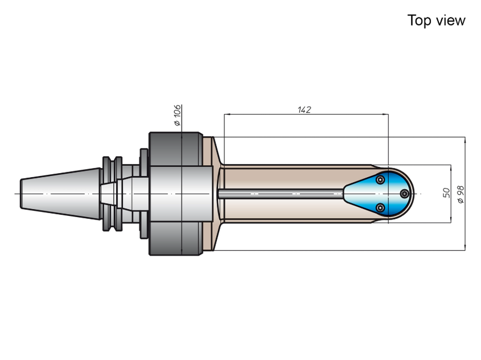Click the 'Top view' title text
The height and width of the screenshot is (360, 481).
(x=436, y=21)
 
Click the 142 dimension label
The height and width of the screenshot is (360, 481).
(x=304, y=109)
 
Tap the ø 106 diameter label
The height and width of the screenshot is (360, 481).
(x=177, y=115)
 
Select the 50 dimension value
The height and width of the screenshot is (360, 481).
(x=447, y=193)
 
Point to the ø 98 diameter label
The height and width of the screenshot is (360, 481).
(x=461, y=194)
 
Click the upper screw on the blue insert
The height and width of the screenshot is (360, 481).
(x=380, y=179)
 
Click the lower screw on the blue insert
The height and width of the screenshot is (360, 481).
(x=380, y=208)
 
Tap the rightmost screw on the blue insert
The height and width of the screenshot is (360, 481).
(x=405, y=194)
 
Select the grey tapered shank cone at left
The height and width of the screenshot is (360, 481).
(x=60, y=194)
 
